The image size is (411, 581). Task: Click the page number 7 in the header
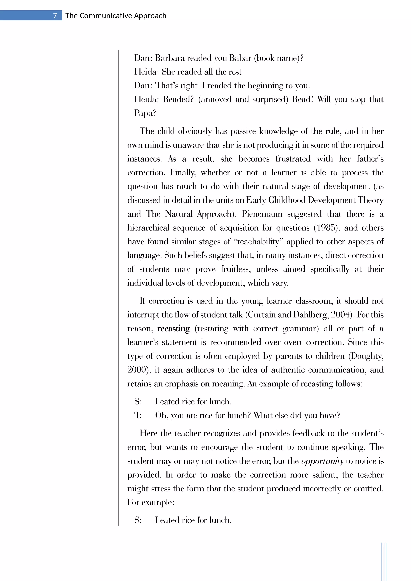(55, 16)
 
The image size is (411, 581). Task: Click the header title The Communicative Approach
(116, 16)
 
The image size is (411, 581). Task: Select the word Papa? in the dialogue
(145, 113)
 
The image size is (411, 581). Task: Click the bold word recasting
(173, 328)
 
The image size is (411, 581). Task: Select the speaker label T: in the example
(138, 415)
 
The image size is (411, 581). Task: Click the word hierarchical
(148, 228)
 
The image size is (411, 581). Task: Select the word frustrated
(293, 159)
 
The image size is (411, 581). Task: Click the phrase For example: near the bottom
(151, 502)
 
